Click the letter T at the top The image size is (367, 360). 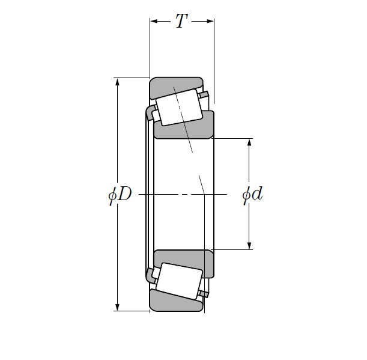(x=181, y=22)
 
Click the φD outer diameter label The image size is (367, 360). (x=120, y=195)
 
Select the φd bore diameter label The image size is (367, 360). (x=252, y=195)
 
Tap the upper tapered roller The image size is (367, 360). (x=178, y=106)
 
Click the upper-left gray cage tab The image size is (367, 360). (x=150, y=112)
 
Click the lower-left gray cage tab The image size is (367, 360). (x=150, y=276)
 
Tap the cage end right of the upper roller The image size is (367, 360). (x=205, y=94)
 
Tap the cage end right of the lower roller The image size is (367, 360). (x=205, y=293)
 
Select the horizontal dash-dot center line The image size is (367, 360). (x=180, y=195)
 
